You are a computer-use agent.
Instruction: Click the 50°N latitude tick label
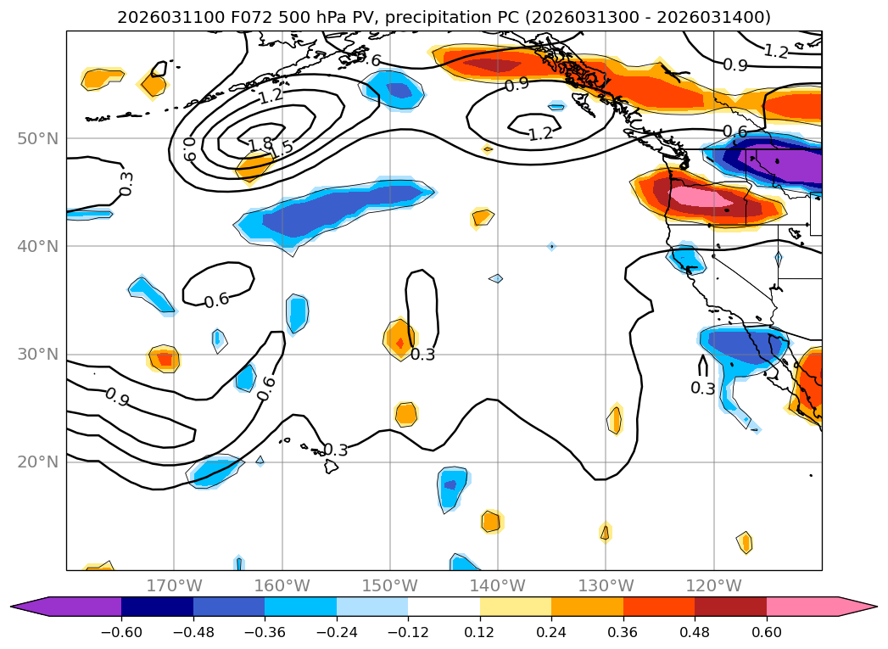(x=38, y=138)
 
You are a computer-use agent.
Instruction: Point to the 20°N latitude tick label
(x=38, y=462)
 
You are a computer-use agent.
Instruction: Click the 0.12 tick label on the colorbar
(x=480, y=631)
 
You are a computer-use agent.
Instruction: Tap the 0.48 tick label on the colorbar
(x=695, y=631)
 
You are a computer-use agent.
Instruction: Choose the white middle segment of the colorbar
(x=444, y=606)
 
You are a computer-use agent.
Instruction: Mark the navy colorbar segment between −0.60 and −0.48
(x=158, y=606)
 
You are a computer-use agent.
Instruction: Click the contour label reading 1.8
(x=260, y=143)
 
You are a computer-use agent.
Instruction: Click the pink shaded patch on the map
(x=695, y=196)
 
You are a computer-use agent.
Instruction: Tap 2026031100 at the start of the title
(x=157, y=17)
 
